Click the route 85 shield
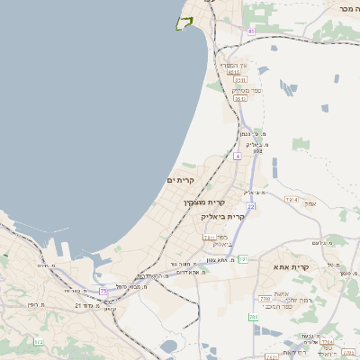pyautogui.click(x=251, y=31)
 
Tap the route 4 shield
pyautogui.click(x=238, y=156)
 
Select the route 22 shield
pyautogui.click(x=251, y=207)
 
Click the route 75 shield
pyautogui.click(x=103, y=291)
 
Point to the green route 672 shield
pyautogui.click(x=38, y=342)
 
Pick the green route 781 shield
pyautogui.click(x=243, y=259)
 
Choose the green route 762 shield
pyautogui.click(x=253, y=317)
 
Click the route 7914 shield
pyautogui.click(x=291, y=199)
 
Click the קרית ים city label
pyautogui.click(x=180, y=180)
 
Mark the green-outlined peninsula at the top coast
pyautogui.click(x=185, y=22)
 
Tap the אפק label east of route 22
pyautogui.click(x=310, y=203)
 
